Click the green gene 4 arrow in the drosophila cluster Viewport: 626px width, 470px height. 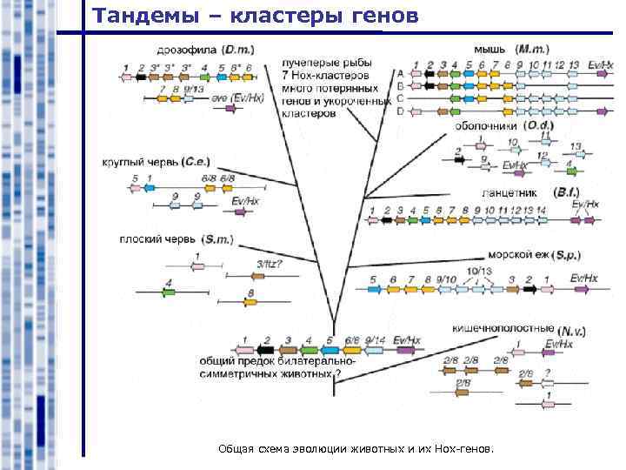[204, 77]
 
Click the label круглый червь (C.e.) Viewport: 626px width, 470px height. [156, 161]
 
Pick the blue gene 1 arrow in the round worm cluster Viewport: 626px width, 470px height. [150, 188]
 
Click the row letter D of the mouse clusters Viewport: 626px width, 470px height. [400, 111]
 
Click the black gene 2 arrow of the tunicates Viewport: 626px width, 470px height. [458, 161]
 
